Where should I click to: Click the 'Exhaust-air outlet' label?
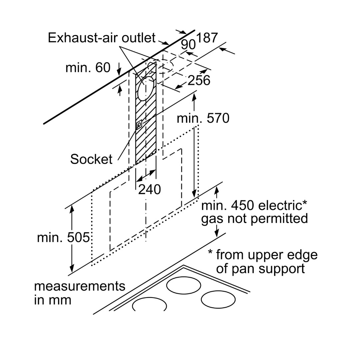click(x=102, y=38)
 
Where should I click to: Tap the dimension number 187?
click(x=207, y=38)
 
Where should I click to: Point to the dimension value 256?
click(x=199, y=80)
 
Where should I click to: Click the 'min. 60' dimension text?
click(x=88, y=68)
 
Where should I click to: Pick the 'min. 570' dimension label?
click(x=203, y=118)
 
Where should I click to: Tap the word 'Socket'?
click(x=91, y=159)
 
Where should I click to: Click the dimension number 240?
click(x=149, y=189)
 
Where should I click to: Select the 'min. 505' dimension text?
click(x=63, y=238)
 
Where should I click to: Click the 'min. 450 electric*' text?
click(x=254, y=205)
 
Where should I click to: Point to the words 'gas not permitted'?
click(x=254, y=219)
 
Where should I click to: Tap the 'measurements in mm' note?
click(x=79, y=293)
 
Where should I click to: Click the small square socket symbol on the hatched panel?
click(x=139, y=124)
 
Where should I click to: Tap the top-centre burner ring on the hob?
click(x=184, y=285)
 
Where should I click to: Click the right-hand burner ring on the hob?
click(x=218, y=299)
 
